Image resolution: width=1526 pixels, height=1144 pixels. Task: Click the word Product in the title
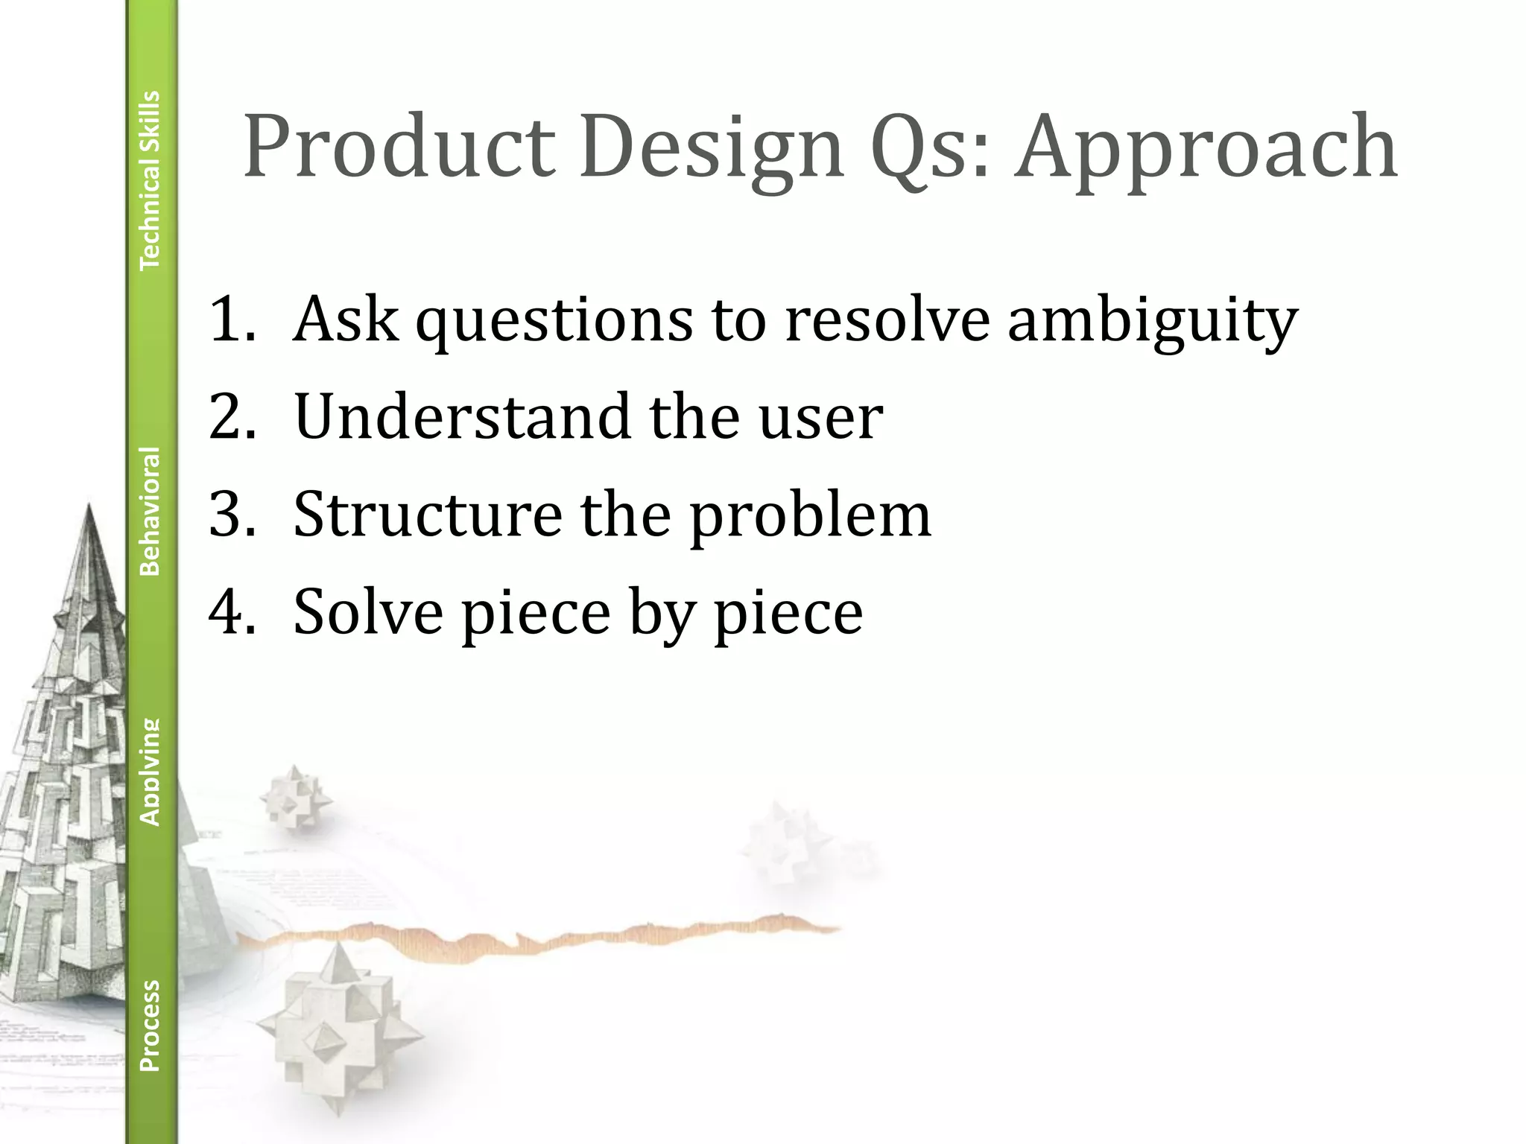399,147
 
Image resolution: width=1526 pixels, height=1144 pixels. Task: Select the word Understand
462,416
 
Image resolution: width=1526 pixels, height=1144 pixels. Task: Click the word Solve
368,611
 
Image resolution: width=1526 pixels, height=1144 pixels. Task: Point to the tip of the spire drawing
89,507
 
